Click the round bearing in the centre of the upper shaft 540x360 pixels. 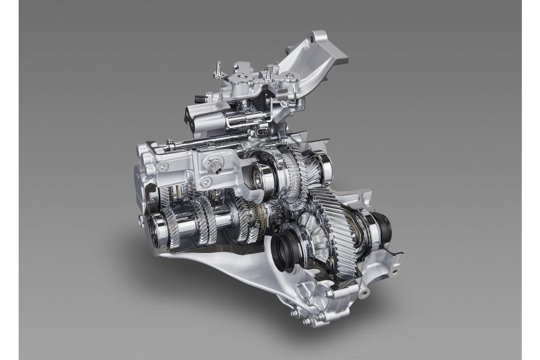[x=261, y=174]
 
